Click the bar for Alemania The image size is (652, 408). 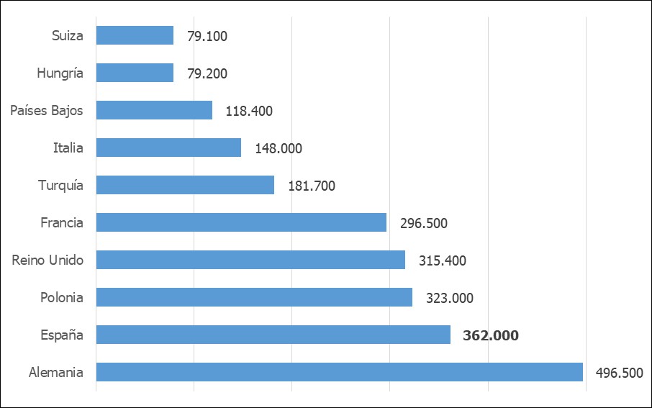339,372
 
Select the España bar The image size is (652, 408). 273,335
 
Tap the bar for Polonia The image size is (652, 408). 254,297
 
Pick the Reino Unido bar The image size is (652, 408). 250,260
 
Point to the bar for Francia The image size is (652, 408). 241,222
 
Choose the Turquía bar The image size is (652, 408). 185,185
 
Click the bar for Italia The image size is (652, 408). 168,148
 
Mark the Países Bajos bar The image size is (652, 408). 154,110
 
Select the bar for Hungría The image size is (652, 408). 135,73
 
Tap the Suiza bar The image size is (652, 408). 135,35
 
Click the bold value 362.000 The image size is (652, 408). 491,335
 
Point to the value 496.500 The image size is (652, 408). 620,373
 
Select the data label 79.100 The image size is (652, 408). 207,36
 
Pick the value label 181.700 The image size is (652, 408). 312,186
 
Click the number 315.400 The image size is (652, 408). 443,260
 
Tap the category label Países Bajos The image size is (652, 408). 47,110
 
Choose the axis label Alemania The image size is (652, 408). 56,372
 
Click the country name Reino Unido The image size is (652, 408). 47,260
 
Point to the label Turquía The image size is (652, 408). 60,185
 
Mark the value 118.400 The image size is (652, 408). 249,111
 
